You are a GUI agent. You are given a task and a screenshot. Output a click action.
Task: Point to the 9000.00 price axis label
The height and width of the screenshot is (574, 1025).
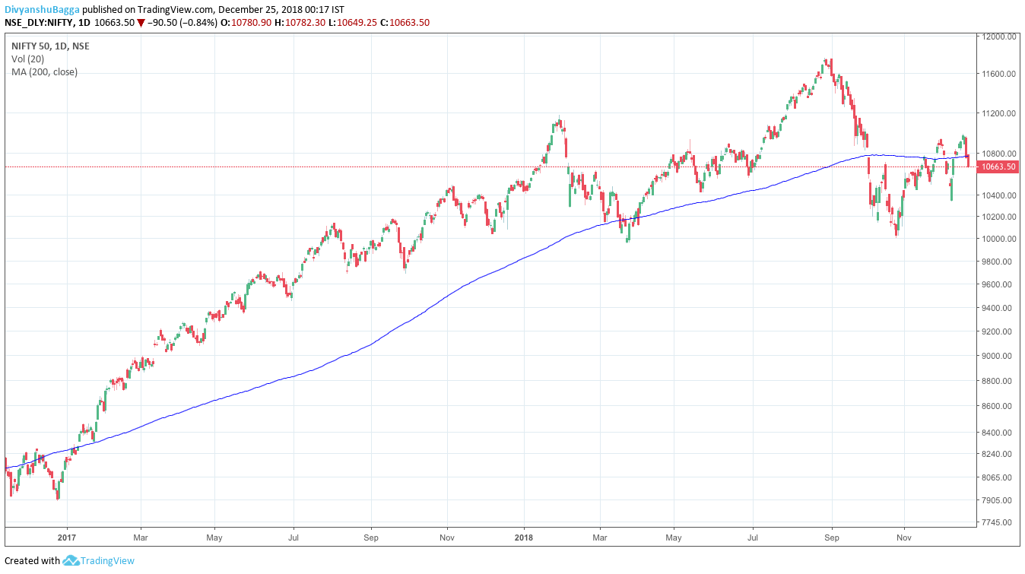pyautogui.click(x=998, y=356)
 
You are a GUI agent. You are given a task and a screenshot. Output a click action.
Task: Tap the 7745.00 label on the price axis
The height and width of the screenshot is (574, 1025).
pyautogui.click(x=998, y=522)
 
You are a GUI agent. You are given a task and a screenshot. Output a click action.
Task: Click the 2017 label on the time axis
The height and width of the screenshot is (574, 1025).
pyautogui.click(x=67, y=536)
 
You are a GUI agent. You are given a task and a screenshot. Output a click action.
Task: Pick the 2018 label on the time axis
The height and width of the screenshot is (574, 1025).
pyautogui.click(x=524, y=536)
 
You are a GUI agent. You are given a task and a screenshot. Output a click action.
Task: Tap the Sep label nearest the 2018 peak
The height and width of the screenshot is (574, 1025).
pyautogui.click(x=832, y=536)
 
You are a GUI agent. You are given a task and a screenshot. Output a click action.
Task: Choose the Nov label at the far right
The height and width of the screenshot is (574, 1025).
pyautogui.click(x=904, y=536)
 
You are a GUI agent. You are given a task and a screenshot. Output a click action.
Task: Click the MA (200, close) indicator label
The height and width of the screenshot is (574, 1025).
pyautogui.click(x=44, y=72)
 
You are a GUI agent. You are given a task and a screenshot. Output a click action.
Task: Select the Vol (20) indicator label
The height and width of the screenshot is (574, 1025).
pyautogui.click(x=27, y=59)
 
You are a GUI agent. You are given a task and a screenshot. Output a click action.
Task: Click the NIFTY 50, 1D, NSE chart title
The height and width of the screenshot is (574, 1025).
pyautogui.click(x=50, y=46)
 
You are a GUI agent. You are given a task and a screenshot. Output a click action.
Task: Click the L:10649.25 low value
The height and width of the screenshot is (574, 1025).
pyautogui.click(x=357, y=23)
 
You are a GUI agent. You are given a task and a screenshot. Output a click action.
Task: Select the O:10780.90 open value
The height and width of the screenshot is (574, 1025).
pyautogui.click(x=246, y=23)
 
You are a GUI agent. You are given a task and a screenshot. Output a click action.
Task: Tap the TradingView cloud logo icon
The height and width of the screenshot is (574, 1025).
pyautogui.click(x=71, y=561)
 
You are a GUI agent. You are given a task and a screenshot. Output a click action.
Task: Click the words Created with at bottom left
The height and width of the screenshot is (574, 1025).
pyautogui.click(x=32, y=561)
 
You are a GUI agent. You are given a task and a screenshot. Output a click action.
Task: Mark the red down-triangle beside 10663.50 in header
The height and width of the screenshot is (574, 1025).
pyautogui.click(x=141, y=23)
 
